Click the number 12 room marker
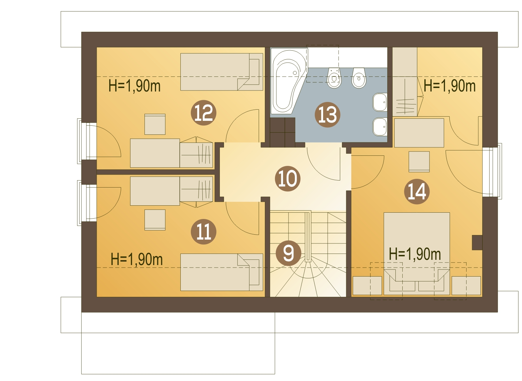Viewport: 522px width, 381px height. (x=203, y=113)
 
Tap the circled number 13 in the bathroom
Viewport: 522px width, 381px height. (x=327, y=115)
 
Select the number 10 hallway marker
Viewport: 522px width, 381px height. (x=288, y=178)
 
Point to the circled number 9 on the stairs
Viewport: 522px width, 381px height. (x=288, y=253)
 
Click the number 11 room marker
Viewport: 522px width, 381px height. (x=203, y=232)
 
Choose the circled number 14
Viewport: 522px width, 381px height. (x=417, y=191)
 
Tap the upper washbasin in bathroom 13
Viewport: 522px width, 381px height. (x=380, y=102)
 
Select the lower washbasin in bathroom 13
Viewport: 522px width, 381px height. (x=380, y=126)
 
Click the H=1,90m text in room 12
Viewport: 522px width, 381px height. (x=134, y=86)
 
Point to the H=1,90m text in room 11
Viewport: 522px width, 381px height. (x=136, y=259)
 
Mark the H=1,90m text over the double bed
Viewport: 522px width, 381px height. (x=415, y=254)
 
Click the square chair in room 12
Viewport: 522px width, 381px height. (x=155, y=124)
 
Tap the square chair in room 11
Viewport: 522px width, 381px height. (x=155, y=220)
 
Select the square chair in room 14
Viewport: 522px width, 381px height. (x=419, y=161)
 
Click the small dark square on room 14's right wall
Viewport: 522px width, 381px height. (x=477, y=242)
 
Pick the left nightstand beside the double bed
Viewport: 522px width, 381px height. (x=367, y=286)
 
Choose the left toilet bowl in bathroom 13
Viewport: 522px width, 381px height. (x=334, y=79)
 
